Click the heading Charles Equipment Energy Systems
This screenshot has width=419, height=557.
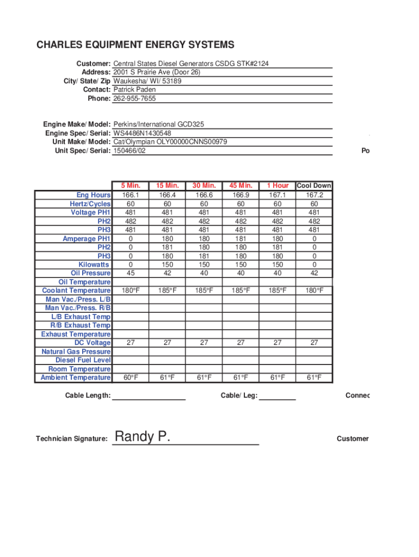135,45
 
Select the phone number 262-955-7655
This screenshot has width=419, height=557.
134,98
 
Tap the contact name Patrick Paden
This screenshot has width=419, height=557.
134,90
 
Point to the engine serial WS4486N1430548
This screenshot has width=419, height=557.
142,133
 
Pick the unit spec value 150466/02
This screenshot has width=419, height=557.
130,151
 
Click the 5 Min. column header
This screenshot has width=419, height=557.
131,186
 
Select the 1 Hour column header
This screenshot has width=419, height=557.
278,186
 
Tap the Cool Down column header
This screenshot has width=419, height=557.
314,186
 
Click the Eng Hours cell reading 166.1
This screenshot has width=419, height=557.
131,195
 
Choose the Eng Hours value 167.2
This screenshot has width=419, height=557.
314,195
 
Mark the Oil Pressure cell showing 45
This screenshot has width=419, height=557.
131,273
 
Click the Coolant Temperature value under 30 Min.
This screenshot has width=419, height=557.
204,290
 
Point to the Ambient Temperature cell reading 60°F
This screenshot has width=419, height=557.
131,377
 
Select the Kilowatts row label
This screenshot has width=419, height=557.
94,264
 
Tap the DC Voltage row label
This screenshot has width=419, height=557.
93,343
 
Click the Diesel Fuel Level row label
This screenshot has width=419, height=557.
83,360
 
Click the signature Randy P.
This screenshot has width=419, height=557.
143,436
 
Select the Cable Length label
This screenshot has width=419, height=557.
88,395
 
